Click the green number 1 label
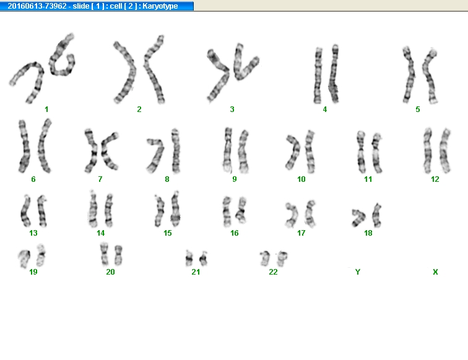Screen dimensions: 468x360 tap(46, 109)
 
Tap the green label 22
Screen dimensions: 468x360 tap(273, 272)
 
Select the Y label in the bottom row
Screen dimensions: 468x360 tap(358, 272)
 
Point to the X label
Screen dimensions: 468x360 tap(435, 272)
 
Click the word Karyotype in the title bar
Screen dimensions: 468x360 tap(160, 6)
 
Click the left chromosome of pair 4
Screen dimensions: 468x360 tap(318, 75)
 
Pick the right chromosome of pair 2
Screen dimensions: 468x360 tap(154, 69)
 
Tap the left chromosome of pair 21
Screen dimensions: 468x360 tap(189, 259)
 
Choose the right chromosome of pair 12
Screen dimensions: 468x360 tap(444, 151)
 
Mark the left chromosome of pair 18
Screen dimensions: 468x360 tap(358, 218)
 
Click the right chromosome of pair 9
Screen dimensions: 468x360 tap(243, 152)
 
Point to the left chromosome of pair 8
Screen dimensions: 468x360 tap(156, 156)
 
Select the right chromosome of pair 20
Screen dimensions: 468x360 tap(118, 255)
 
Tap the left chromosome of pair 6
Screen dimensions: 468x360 tap(24, 146)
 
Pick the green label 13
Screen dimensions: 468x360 tap(33, 233)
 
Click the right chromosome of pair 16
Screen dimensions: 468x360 tap(241, 210)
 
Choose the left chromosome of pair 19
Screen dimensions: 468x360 tap(24, 259)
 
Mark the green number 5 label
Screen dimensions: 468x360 tap(418, 109)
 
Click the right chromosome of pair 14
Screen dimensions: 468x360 tap(109, 210)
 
